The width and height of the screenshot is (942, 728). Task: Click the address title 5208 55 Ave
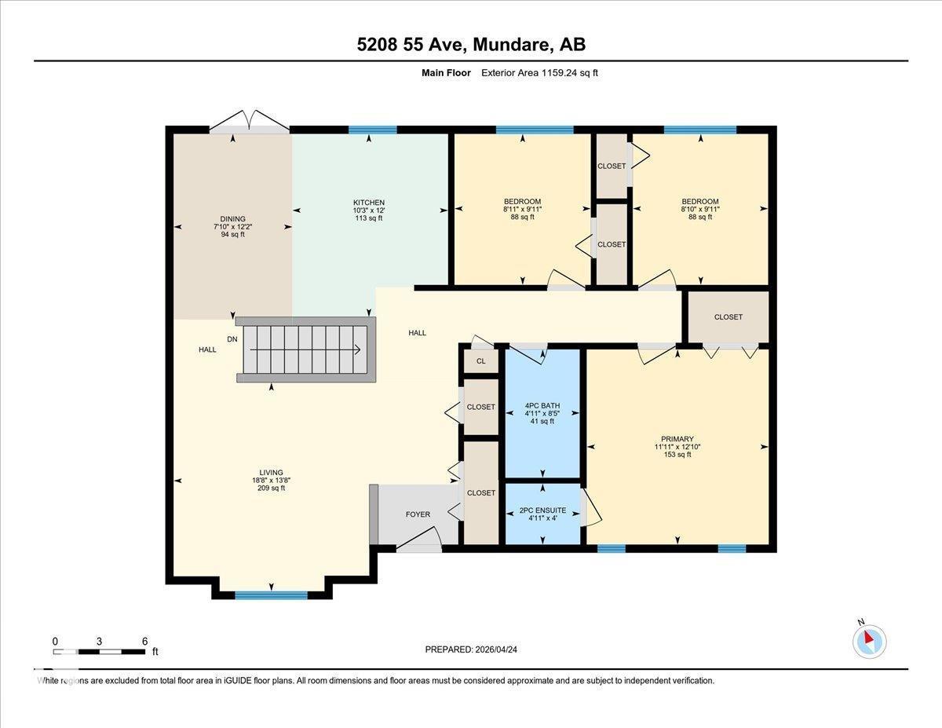471,45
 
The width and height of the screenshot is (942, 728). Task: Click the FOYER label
418,514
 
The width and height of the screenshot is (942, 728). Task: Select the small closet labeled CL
480,361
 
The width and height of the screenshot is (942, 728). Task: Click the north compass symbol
869,641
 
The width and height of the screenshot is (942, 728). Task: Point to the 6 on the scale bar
144,641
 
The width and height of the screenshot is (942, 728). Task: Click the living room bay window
272,594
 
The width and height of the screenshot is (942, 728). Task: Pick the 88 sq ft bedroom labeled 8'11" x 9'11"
522,209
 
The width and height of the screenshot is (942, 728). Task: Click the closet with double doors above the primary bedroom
728,317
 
